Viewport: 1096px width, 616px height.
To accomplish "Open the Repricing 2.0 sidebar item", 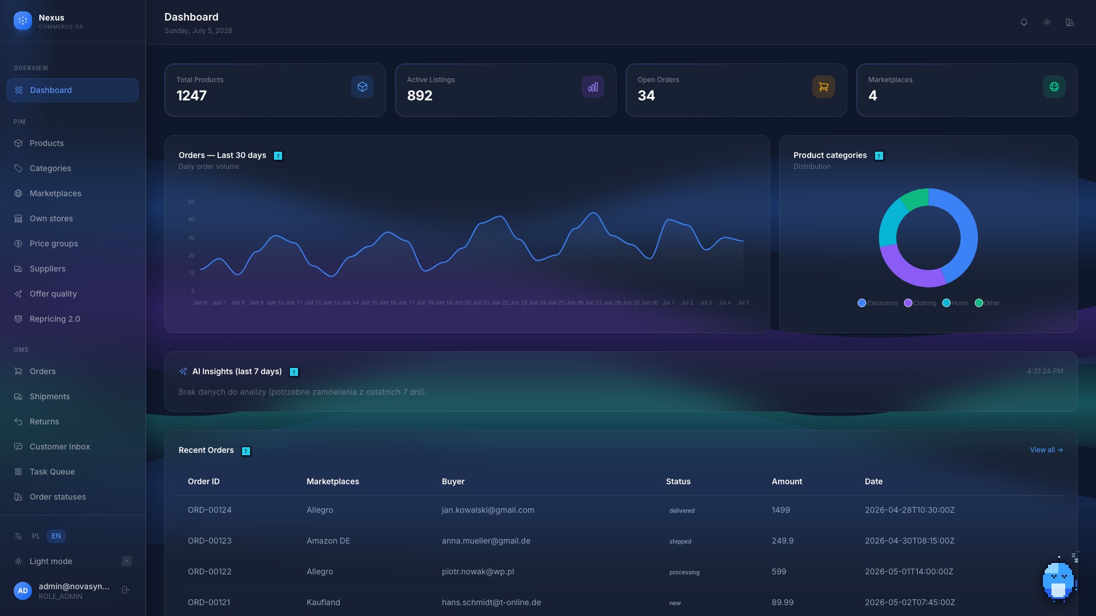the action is [x=55, y=319].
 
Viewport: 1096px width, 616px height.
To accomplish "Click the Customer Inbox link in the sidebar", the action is [x=60, y=447].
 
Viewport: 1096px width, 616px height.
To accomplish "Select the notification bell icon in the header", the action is [x=1024, y=22].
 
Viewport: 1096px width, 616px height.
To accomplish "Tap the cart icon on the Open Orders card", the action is [x=824, y=87].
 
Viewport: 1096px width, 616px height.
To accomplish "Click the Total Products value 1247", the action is [x=192, y=95].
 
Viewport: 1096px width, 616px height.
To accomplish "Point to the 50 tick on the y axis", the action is [x=191, y=202].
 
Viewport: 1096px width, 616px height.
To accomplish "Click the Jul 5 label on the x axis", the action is [x=743, y=303].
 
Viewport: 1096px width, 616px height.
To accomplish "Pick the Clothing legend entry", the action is [x=920, y=303].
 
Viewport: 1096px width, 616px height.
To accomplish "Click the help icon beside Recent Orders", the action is [x=246, y=451].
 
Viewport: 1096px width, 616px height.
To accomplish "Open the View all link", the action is [x=1046, y=450].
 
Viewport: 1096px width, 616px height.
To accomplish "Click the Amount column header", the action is [x=787, y=481].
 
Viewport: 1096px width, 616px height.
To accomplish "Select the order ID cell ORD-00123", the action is [x=209, y=541].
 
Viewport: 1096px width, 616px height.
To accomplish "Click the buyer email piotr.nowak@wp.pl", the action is [x=478, y=572].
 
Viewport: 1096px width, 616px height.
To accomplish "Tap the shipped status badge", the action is [x=680, y=541].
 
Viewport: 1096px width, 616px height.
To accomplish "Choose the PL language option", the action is [x=36, y=536].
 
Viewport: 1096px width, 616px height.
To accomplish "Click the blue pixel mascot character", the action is [x=1059, y=581].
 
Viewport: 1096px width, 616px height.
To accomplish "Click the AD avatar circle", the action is [x=23, y=591].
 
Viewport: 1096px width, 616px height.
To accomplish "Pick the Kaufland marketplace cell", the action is [x=323, y=602].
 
